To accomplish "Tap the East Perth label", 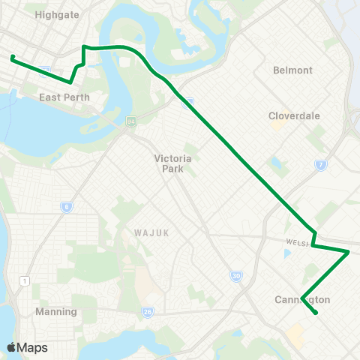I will click(64, 97).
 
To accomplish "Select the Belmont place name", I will click(294, 70).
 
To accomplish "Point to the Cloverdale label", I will click(295, 116).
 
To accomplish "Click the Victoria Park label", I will click(173, 163).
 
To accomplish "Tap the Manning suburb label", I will click(56, 311).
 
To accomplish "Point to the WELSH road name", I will click(298, 241).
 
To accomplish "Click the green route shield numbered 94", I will click(131, 121).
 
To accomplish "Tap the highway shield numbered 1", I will click(25, 280).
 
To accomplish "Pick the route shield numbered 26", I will click(148, 311).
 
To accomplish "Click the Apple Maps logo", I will click(28, 347).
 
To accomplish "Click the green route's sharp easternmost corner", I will click(349, 252).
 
